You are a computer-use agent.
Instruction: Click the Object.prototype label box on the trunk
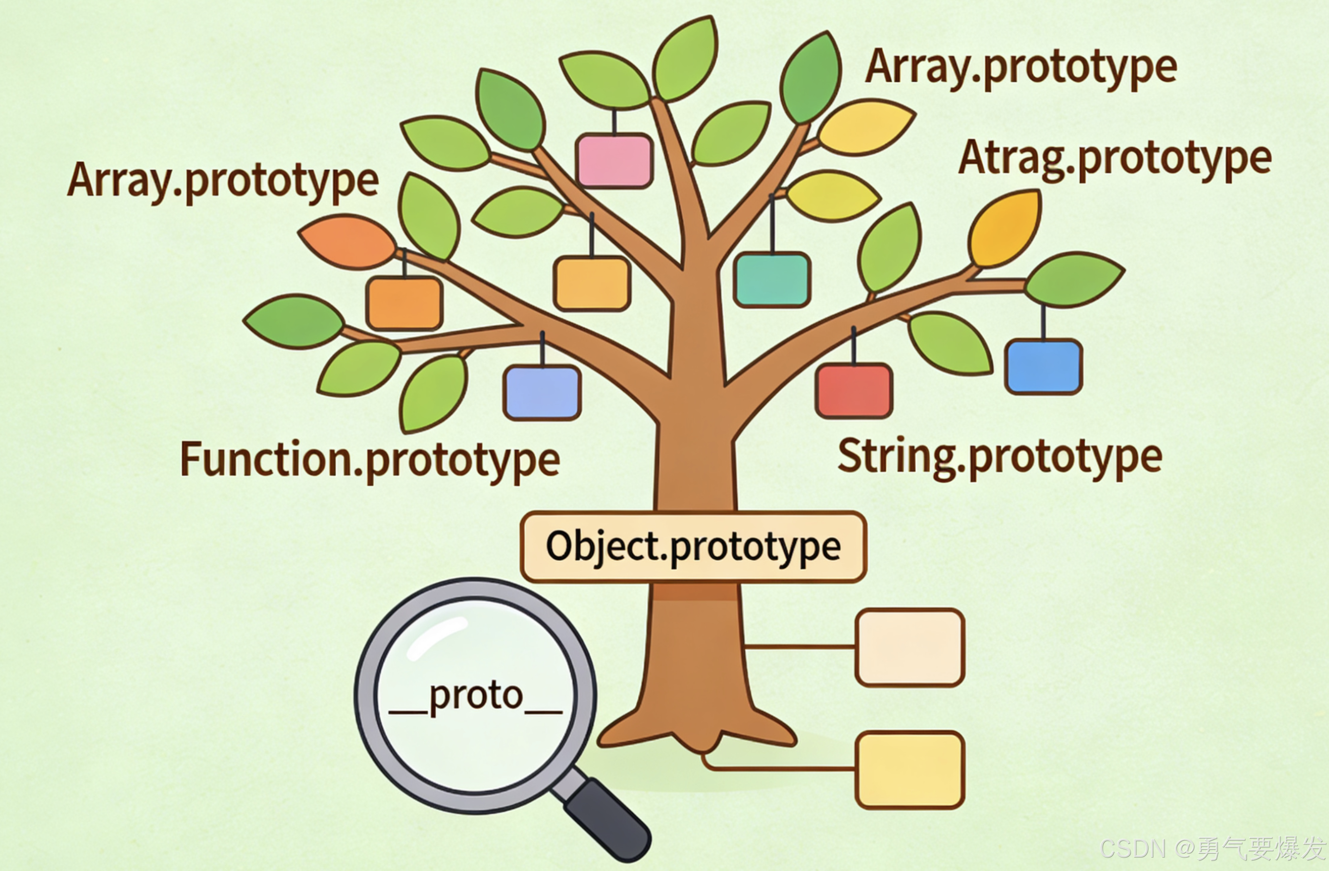(693, 547)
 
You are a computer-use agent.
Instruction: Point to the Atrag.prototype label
(1115, 159)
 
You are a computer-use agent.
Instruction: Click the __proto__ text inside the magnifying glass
(476, 696)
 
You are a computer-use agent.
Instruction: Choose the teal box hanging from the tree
(772, 280)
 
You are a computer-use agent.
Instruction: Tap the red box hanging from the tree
(854, 390)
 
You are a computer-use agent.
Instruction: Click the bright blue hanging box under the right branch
(1043, 366)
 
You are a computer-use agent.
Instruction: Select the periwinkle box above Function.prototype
(541, 392)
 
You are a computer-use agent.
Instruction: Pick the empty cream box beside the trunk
(910, 647)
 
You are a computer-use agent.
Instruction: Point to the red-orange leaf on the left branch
(347, 241)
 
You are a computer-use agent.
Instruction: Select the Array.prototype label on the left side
(223, 180)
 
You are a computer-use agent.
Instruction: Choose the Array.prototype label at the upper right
(1021, 68)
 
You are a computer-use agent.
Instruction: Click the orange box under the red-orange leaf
(404, 303)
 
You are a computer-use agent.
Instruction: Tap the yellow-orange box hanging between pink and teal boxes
(592, 283)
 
